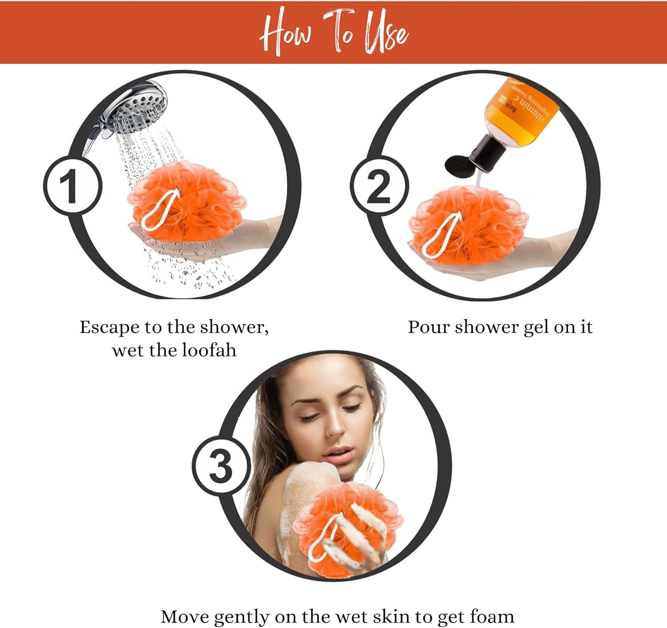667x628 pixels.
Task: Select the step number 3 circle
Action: tap(221, 466)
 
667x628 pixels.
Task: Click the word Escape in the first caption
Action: tap(109, 327)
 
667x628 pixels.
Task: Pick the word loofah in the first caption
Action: tap(209, 350)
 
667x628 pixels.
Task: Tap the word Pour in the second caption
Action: tap(428, 327)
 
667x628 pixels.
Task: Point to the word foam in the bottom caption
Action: tap(492, 617)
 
